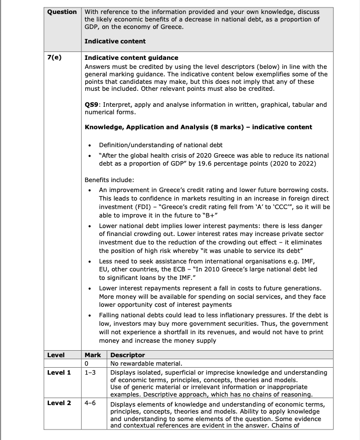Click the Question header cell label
tap(62, 11)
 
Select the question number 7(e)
tap(54, 58)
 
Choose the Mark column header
tap(93, 355)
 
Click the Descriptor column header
tap(127, 355)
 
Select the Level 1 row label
tap(59, 372)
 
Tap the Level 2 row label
tap(59, 403)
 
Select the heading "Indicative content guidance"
tap(131, 58)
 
